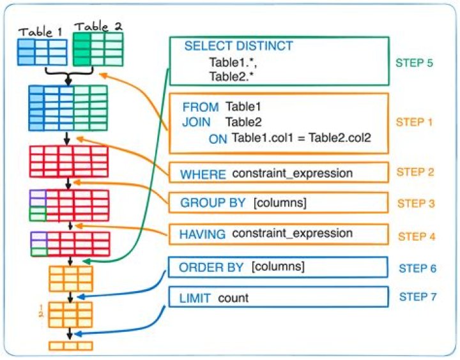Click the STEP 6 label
(x=417, y=267)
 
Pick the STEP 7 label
(x=417, y=297)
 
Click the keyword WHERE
(x=203, y=174)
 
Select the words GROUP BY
(x=213, y=203)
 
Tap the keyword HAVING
(x=203, y=234)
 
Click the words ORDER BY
(x=211, y=267)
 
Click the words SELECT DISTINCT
(x=238, y=46)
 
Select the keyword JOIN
(x=195, y=122)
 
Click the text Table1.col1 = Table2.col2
(x=301, y=138)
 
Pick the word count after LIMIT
(x=233, y=298)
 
